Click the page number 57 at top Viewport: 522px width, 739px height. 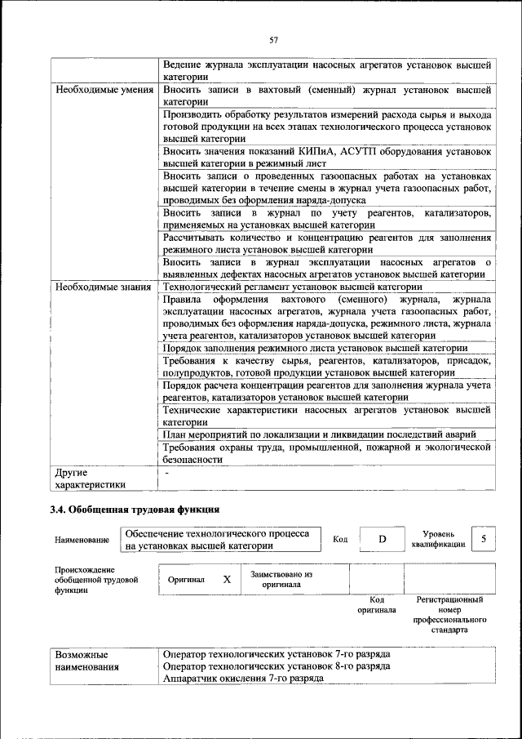(274, 39)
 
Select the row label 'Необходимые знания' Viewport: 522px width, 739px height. (103, 287)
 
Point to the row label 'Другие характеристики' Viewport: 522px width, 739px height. (91, 479)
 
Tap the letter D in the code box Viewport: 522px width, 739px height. (381, 540)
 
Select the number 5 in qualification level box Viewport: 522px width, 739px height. (484, 539)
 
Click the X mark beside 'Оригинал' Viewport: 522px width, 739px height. (227, 579)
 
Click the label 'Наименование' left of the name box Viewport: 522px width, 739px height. (82, 541)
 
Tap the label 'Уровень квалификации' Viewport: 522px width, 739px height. (438, 539)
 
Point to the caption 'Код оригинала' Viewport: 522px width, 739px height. (376, 605)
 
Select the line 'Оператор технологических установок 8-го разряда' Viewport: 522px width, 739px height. (276, 666)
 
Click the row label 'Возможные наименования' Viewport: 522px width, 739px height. (86, 661)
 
